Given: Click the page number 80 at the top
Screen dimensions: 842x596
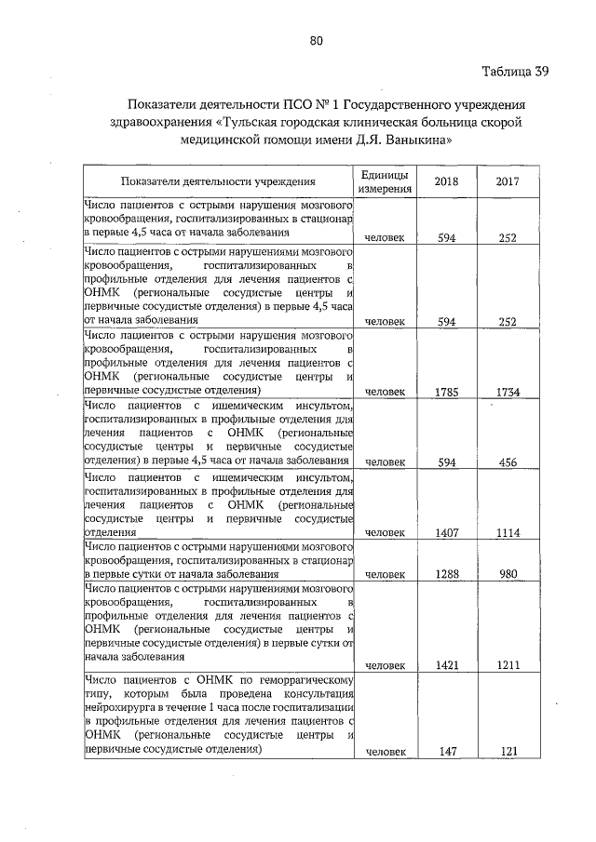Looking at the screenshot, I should pyautogui.click(x=316, y=40).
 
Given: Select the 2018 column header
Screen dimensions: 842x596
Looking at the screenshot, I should pyautogui.click(x=446, y=181).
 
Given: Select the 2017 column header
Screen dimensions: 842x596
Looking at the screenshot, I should pyautogui.click(x=508, y=181).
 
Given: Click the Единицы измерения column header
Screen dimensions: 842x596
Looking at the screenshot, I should pyautogui.click(x=385, y=181).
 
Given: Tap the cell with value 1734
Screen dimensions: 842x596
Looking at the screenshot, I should pyautogui.click(x=508, y=392).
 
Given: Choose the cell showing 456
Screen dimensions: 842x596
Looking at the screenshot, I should pyautogui.click(x=508, y=461).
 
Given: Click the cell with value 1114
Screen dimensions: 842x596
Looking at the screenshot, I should pyautogui.click(x=508, y=532).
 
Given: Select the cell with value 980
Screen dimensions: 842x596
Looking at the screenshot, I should pyautogui.click(x=508, y=575).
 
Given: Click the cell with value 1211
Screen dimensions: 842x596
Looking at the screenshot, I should pyautogui.click(x=508, y=665).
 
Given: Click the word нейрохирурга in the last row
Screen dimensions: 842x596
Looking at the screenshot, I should pyautogui.click(x=118, y=707).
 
